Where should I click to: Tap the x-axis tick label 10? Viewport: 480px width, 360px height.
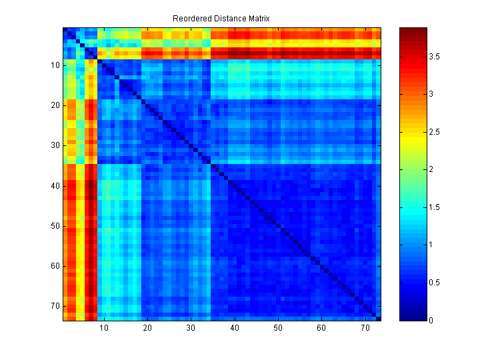coord(103,328)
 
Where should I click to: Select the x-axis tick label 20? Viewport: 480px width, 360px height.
coord(147,328)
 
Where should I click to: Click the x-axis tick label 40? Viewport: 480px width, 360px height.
coord(234,328)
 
